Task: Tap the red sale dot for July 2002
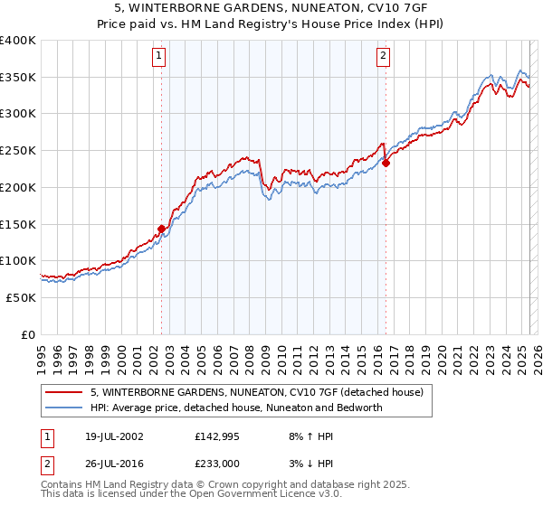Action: tap(162, 230)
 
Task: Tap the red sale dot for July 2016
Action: tap(386, 164)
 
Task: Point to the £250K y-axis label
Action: tap(18, 151)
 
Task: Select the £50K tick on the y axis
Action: tap(22, 297)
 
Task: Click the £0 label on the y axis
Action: tap(28, 334)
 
